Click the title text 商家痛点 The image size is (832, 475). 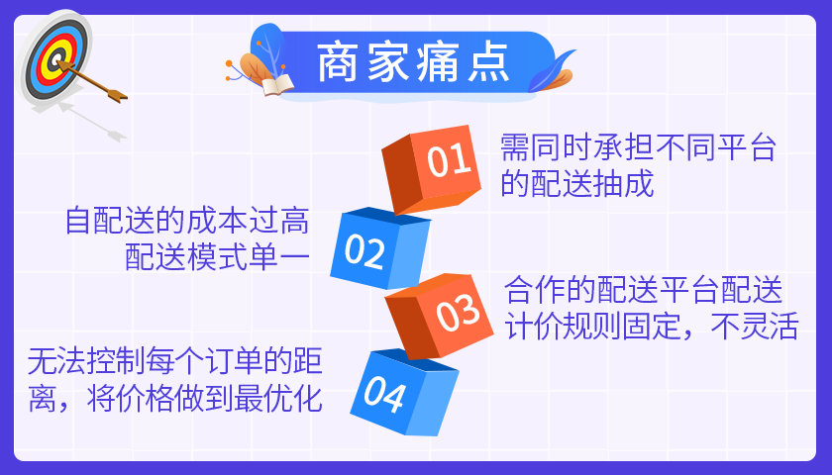(413, 63)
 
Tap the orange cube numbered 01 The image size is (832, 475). (432, 169)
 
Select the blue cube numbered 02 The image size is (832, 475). (380, 248)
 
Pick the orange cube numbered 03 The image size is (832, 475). (440, 316)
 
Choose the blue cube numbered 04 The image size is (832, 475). (404, 392)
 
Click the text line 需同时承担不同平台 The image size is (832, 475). (638, 147)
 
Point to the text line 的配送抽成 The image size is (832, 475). (577, 184)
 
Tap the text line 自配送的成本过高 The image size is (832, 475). (187, 221)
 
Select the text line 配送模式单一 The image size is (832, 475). (217, 257)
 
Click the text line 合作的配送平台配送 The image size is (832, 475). (644, 289)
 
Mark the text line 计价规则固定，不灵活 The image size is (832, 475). (652, 326)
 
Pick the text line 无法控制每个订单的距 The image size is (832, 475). (175, 361)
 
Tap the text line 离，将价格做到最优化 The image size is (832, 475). (175, 399)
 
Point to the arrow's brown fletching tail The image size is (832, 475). (116, 95)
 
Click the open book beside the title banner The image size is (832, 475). (277, 85)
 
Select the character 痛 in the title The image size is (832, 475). (438, 63)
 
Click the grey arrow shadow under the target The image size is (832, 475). (91, 122)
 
